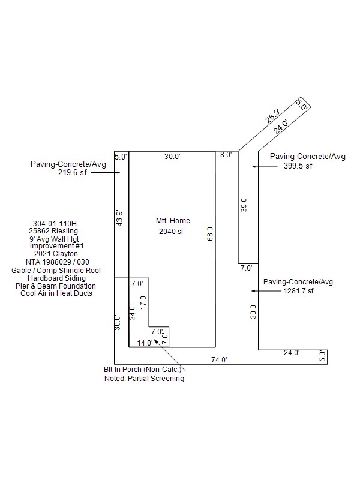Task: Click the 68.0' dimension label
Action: [x=210, y=233]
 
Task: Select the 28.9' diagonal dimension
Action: [x=272, y=116]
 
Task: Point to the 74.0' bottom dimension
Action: [x=219, y=359]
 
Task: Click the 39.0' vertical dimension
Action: [x=244, y=205]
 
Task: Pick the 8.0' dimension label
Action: [x=226, y=155]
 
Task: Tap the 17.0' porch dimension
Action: [x=143, y=302]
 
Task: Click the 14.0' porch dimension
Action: [x=145, y=343]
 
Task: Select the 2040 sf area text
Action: [x=171, y=232]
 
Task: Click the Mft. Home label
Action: [x=173, y=221]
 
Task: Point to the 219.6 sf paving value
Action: [x=73, y=173]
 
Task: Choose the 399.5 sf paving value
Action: [x=298, y=166]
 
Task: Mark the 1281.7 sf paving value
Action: [x=298, y=291]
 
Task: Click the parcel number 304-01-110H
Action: [x=55, y=224]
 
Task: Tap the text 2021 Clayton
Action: [x=56, y=254]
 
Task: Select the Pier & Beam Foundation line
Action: [x=56, y=286]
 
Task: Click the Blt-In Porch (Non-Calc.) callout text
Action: [x=143, y=370]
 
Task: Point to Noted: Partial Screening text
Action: [x=144, y=379]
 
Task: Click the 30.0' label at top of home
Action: [x=172, y=157]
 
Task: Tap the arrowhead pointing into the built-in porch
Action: [x=156, y=341]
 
